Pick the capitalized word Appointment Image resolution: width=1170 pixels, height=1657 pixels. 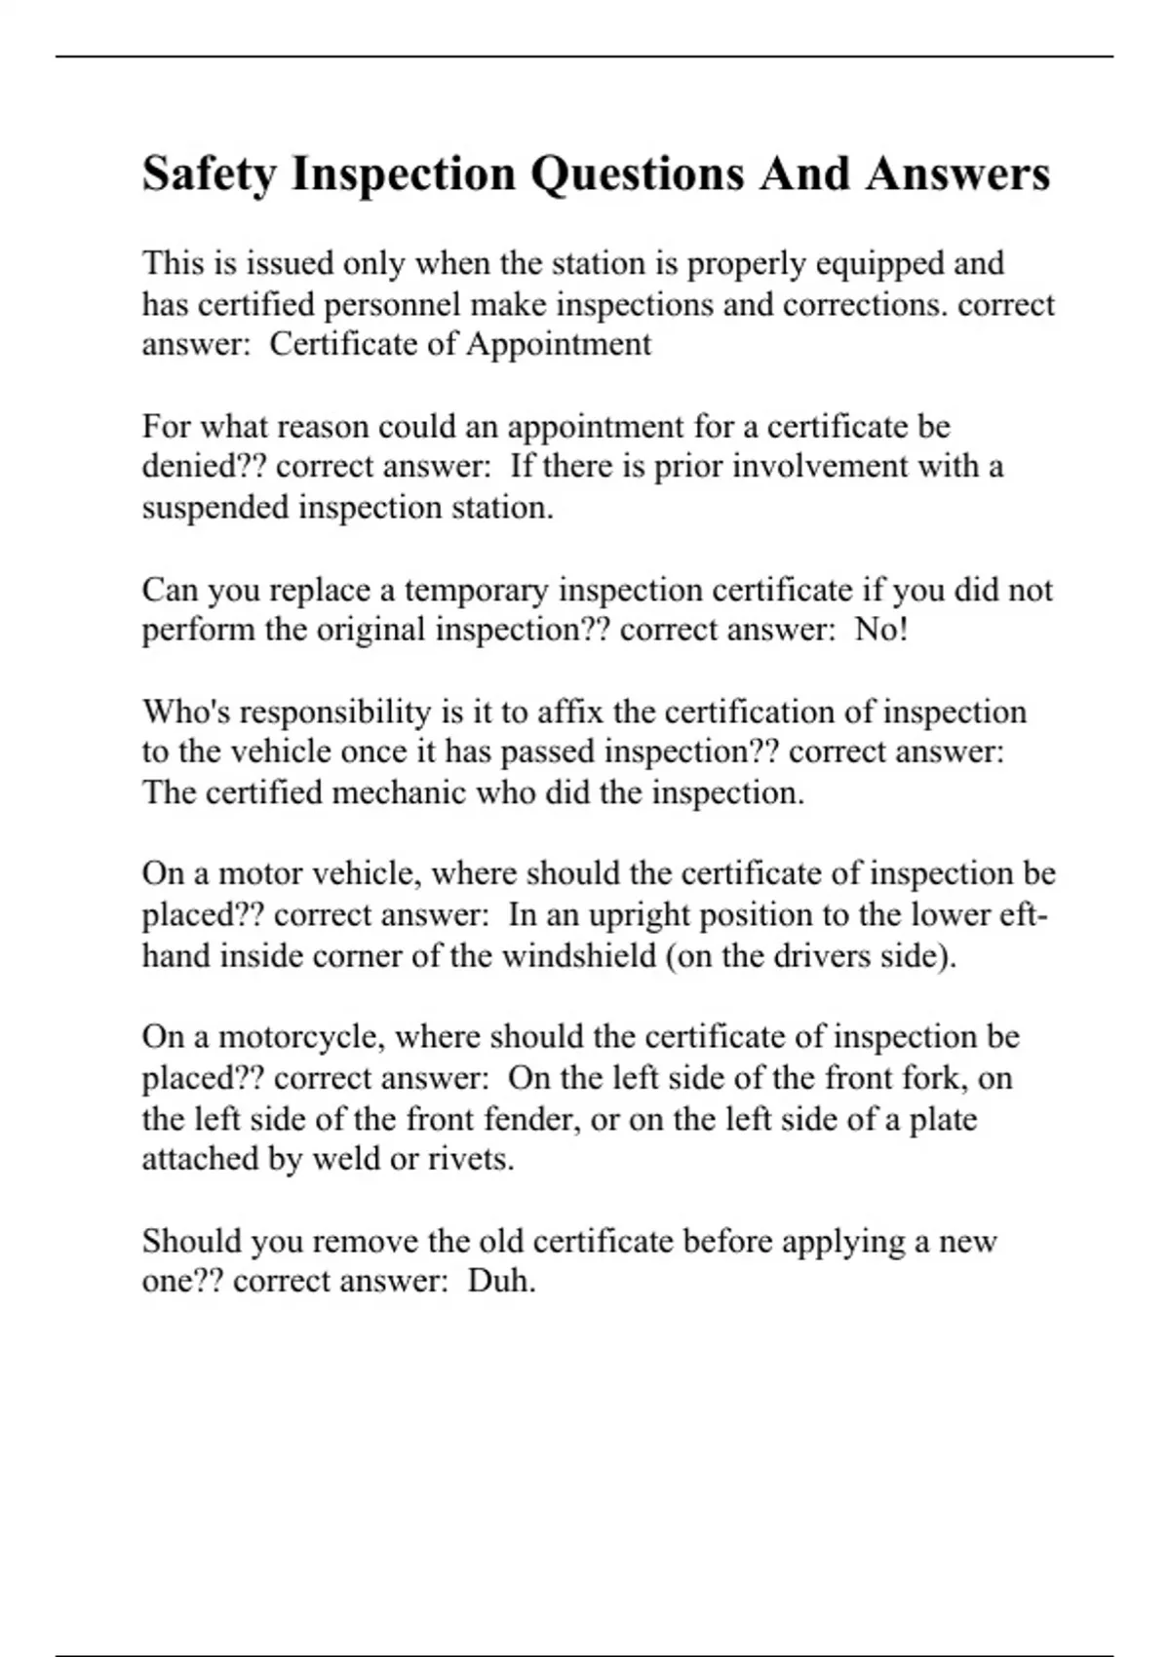tap(558, 345)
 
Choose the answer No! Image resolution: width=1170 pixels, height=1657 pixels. tap(881, 631)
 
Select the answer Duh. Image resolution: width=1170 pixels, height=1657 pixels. tap(502, 1281)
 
